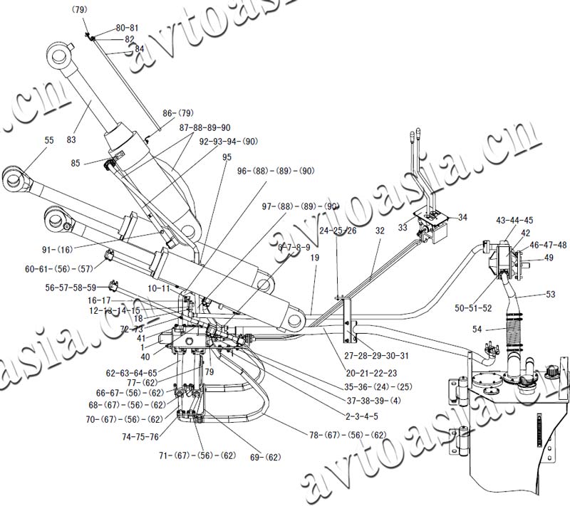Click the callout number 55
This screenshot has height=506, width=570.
pos(49,142)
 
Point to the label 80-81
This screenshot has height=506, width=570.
pos(128,28)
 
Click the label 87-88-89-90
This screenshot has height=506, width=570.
pos(205,127)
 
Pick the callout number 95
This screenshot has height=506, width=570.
pos(227,157)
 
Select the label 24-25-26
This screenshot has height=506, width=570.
pos(338,231)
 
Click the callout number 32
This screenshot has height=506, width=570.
pos(379,231)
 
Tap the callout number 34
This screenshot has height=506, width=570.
pos(463,218)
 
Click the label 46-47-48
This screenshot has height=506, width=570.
pos(547,244)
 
